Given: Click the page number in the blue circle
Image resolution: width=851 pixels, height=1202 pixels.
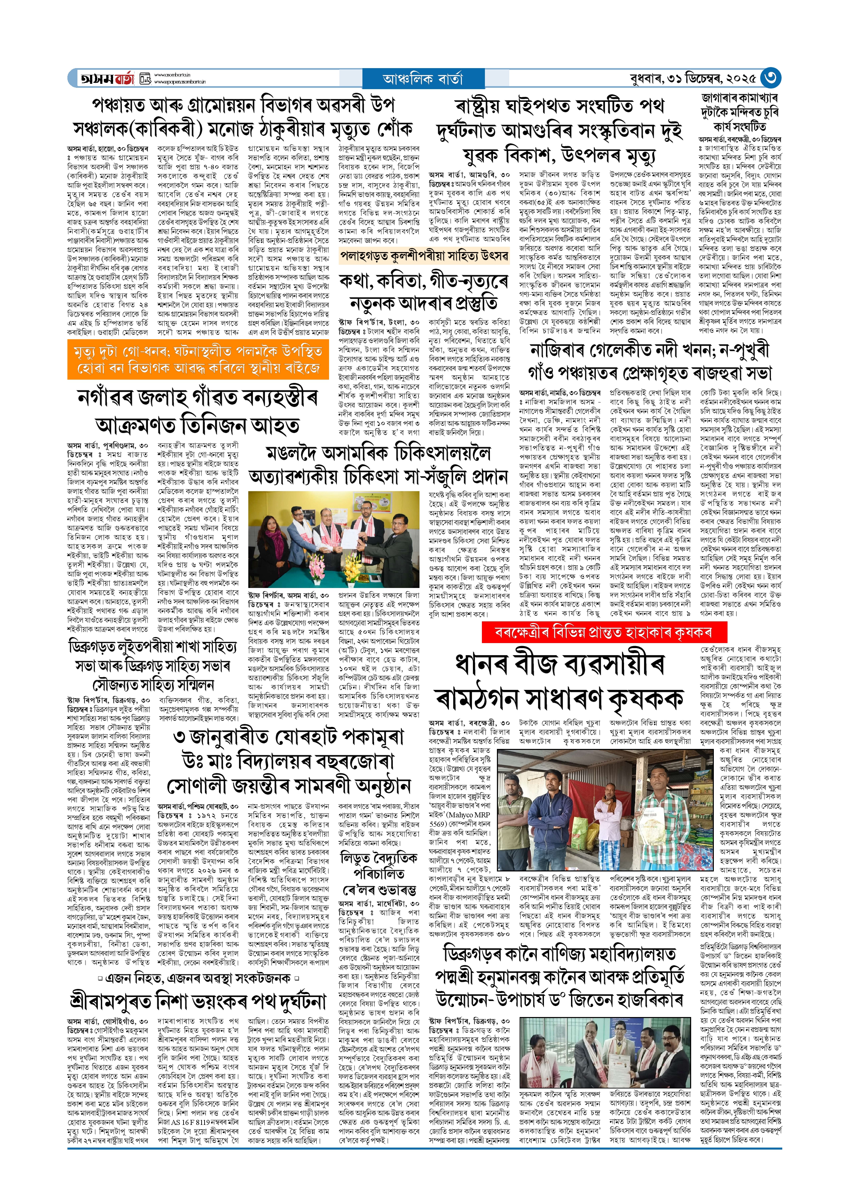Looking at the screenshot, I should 770,78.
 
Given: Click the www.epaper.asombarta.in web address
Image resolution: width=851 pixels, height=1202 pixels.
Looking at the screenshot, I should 180,82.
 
